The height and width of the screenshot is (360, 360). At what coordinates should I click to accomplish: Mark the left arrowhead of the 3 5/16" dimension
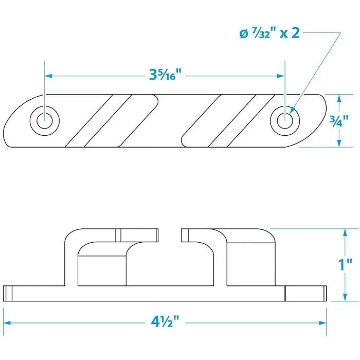[48, 76]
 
